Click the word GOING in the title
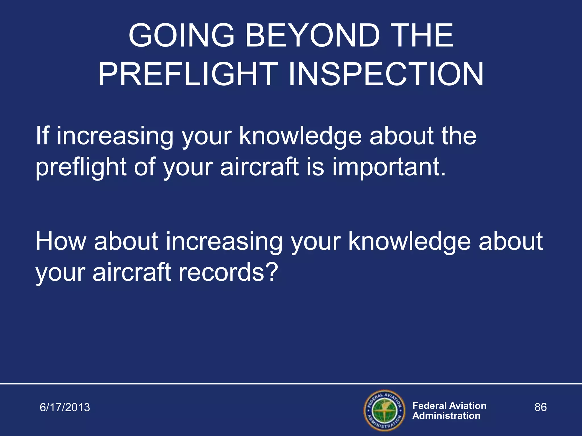tap(181, 35)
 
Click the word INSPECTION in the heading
tap(386, 74)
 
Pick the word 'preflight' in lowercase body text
tap(81, 167)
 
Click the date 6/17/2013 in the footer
tap(65, 407)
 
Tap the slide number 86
tap(540, 407)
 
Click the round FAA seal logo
tap(384, 410)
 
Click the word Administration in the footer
tap(446, 416)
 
